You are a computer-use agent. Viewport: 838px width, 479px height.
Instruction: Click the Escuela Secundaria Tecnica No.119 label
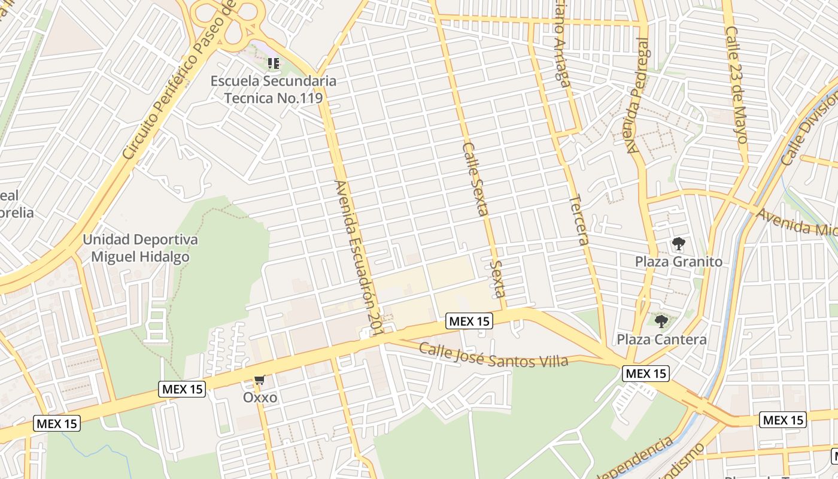[x=274, y=89]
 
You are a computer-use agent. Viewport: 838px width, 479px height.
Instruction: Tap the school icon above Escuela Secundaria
[x=274, y=63]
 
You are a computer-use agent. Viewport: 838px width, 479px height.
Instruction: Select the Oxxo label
[x=260, y=398]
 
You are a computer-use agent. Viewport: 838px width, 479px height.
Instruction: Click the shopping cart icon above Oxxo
[x=260, y=380]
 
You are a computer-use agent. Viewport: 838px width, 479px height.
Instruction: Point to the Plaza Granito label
[x=678, y=262]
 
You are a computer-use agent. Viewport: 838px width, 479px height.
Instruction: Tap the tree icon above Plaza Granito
[x=678, y=244]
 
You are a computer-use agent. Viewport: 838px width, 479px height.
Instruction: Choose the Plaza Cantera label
[x=661, y=339]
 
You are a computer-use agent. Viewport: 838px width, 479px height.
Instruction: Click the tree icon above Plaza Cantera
[x=661, y=322]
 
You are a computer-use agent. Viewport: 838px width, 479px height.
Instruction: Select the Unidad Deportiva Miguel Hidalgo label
[x=140, y=248]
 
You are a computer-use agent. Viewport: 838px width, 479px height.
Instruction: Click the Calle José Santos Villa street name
[x=493, y=355]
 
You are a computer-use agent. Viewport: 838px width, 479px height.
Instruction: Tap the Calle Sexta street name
[x=476, y=178]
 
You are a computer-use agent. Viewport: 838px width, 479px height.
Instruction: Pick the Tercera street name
[x=579, y=220]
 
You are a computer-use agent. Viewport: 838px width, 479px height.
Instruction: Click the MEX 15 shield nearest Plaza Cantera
[x=645, y=374]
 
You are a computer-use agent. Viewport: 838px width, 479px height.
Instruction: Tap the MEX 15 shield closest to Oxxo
[x=183, y=389]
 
